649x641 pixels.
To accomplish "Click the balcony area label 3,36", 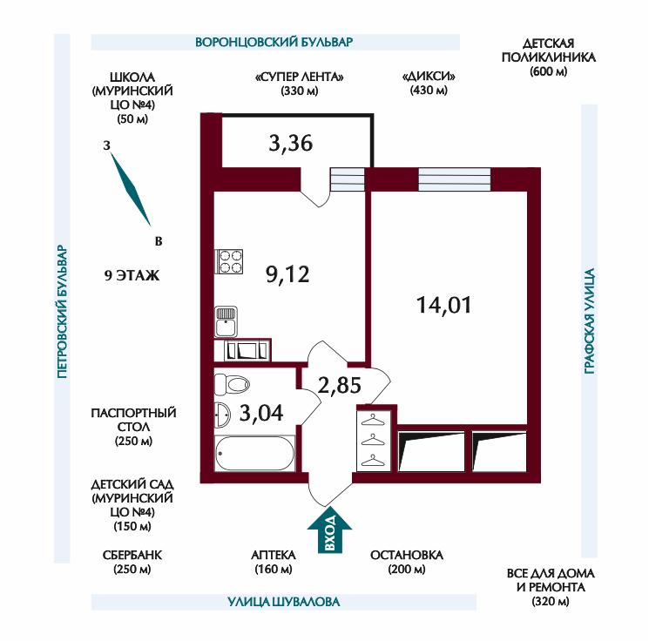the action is pyautogui.click(x=291, y=143).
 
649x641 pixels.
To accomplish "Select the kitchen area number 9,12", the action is pyautogui.click(x=287, y=274).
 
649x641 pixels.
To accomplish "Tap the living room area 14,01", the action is pyautogui.click(x=443, y=305).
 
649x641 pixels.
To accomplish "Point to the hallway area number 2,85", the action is pyautogui.click(x=340, y=385).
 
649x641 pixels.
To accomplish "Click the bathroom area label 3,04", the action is pyautogui.click(x=261, y=413).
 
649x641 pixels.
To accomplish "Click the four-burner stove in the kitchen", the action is pyautogui.click(x=229, y=261).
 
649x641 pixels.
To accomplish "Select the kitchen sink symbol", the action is pyautogui.click(x=226, y=321).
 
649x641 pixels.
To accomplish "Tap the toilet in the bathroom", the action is pyautogui.click(x=233, y=384).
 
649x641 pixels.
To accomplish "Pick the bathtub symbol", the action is pyautogui.click(x=255, y=453).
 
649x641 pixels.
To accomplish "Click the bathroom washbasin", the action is pyautogui.click(x=222, y=415).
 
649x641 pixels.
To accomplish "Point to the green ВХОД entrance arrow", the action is pyautogui.click(x=329, y=530).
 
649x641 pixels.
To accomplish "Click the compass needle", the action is pyautogui.click(x=131, y=190).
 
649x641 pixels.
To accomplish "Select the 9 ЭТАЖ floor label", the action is pyautogui.click(x=132, y=275).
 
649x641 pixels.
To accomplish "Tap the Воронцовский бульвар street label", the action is pyautogui.click(x=274, y=42).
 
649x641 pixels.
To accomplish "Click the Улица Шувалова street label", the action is pyautogui.click(x=284, y=602).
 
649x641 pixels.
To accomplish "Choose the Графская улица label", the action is pyautogui.click(x=590, y=321).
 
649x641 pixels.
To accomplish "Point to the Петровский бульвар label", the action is pyautogui.click(x=62, y=312).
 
